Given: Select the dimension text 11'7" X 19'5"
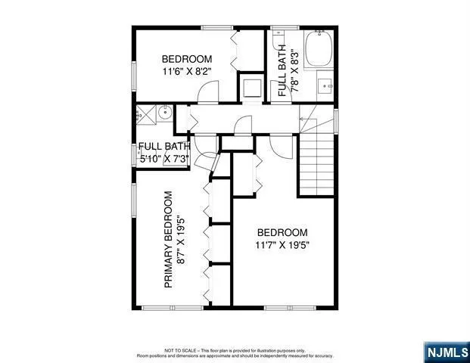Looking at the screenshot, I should tap(283, 245).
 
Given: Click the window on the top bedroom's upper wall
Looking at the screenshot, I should tap(216, 28).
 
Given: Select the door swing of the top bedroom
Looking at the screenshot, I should tap(207, 92).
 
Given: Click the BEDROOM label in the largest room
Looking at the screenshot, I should tap(282, 233).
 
